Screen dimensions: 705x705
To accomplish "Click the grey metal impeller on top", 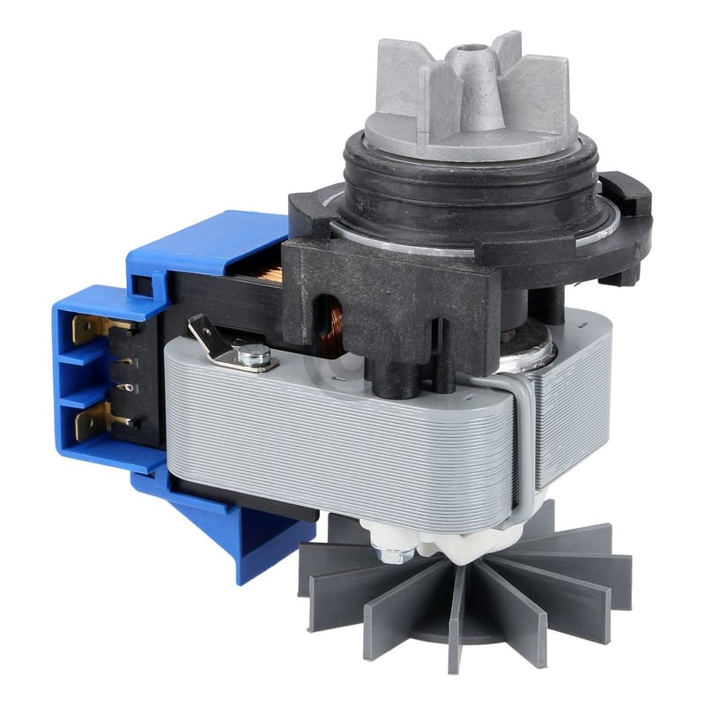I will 476,97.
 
